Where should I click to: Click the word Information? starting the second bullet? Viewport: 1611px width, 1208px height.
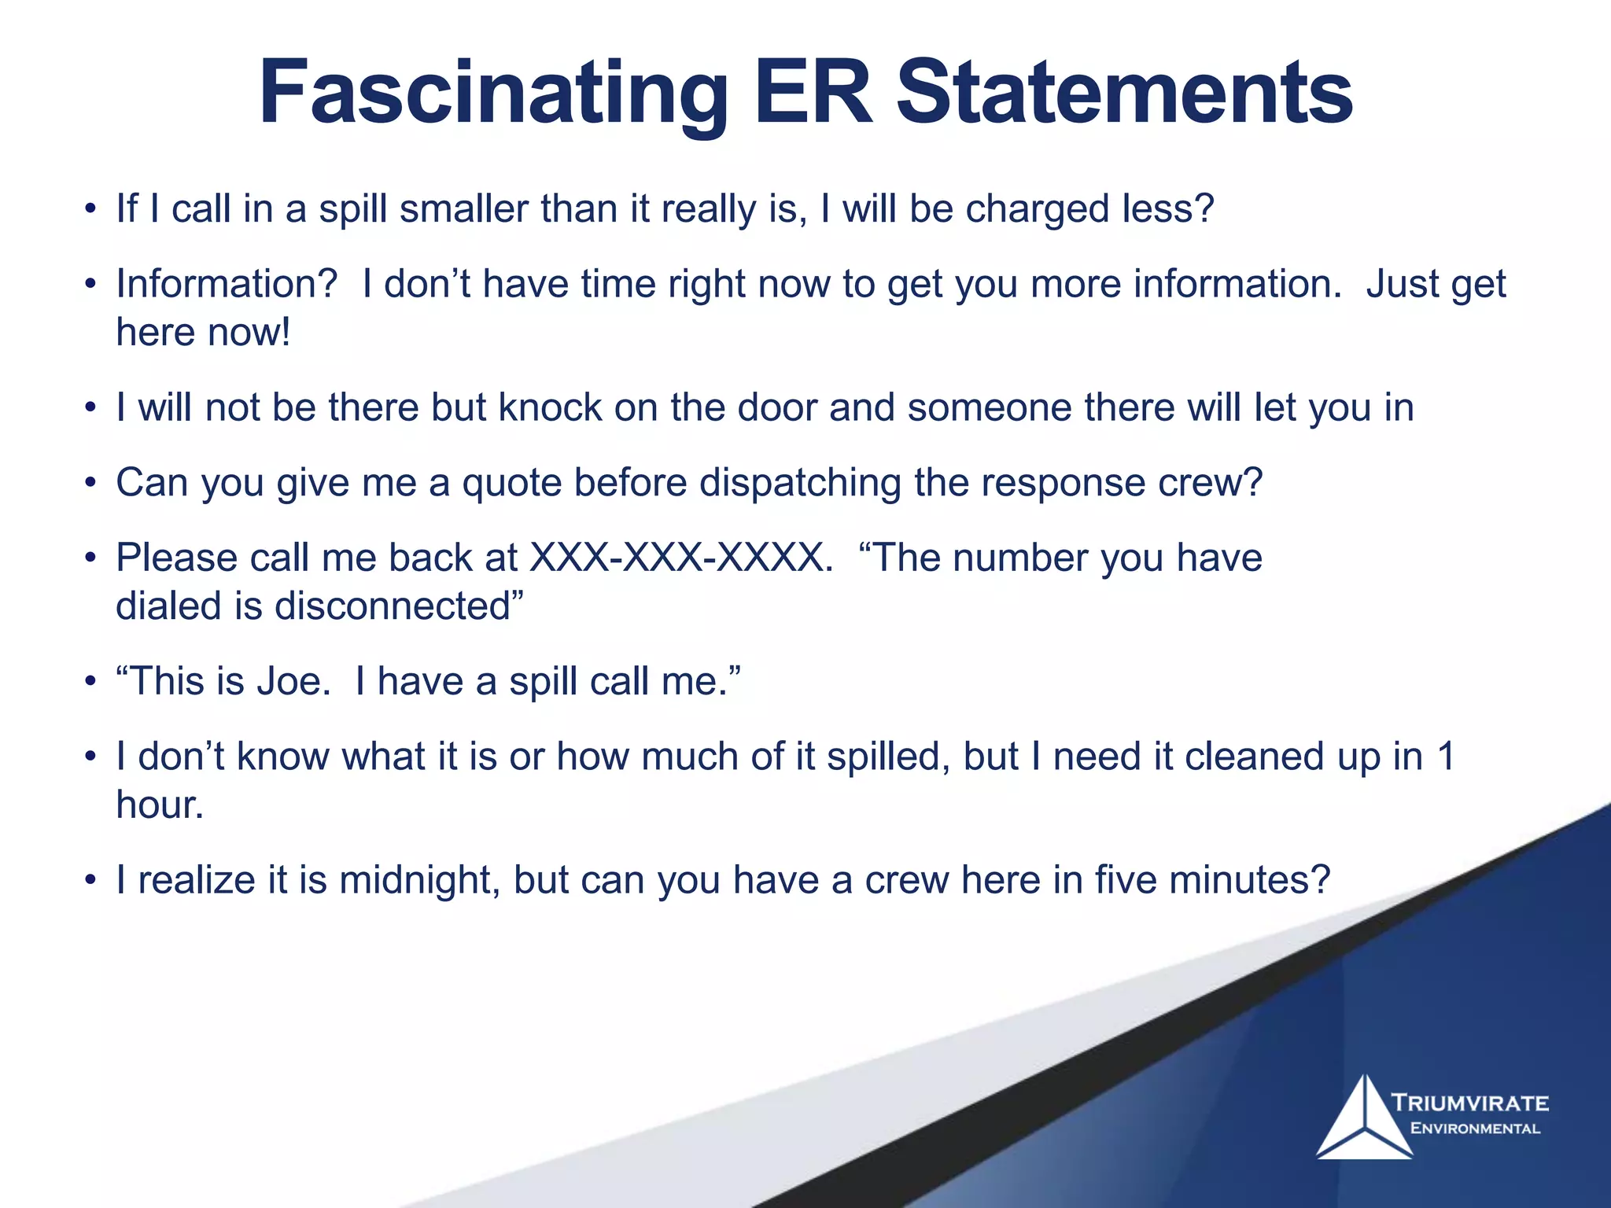(227, 284)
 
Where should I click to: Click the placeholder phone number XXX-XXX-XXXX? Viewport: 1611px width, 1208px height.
(681, 558)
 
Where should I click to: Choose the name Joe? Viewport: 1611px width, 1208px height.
(290, 681)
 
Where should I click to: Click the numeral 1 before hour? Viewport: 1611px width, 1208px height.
(1445, 757)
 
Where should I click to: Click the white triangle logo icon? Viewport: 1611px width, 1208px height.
(1365, 1118)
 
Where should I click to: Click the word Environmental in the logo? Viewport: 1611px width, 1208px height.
(1476, 1129)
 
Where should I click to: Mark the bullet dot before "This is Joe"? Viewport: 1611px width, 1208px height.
(91, 682)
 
